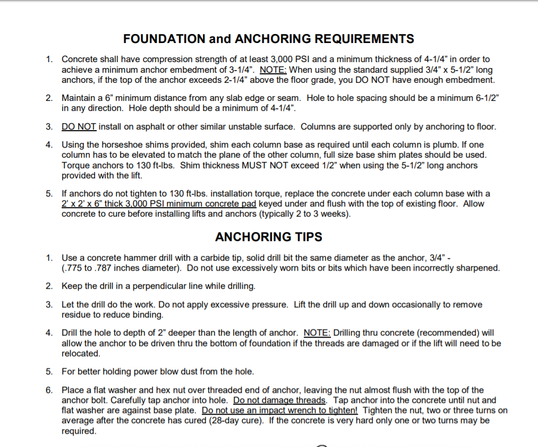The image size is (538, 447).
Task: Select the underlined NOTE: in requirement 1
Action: coord(273,70)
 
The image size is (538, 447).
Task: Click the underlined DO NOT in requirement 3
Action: coord(79,127)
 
